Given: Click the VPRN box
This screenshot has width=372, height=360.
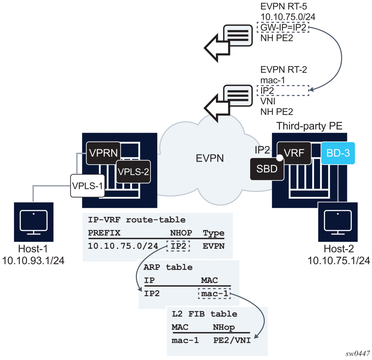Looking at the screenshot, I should pos(103,153).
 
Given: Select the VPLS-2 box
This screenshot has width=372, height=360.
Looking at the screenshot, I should pos(133,172).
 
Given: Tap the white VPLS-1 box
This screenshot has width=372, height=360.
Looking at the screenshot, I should pos(87,186).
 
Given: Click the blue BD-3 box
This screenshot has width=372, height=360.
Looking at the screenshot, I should pos(338,153).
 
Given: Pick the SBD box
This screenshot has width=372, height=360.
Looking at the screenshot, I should pos(267,169).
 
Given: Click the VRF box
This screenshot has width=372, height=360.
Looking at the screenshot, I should pos(294,153).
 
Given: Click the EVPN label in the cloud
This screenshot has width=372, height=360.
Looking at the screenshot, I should pos(210,158).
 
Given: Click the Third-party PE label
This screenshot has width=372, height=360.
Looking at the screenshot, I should pos(309,126).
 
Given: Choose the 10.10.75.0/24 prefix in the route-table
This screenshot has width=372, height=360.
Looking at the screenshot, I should pos(123,246).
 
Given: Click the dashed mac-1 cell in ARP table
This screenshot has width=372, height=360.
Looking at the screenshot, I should pos(214,294).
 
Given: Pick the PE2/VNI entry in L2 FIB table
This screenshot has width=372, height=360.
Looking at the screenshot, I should pos(232,340).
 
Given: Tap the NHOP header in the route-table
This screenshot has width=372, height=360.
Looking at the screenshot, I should pos(181,233).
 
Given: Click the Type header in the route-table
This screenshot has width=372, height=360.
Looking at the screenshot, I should pos(214,233).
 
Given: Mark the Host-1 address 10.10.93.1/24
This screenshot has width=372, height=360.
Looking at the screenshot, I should pos(33,260).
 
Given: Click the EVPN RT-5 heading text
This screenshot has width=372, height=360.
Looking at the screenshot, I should pos(283,6).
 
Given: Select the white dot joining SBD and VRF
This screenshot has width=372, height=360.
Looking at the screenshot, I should pos(279,158).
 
